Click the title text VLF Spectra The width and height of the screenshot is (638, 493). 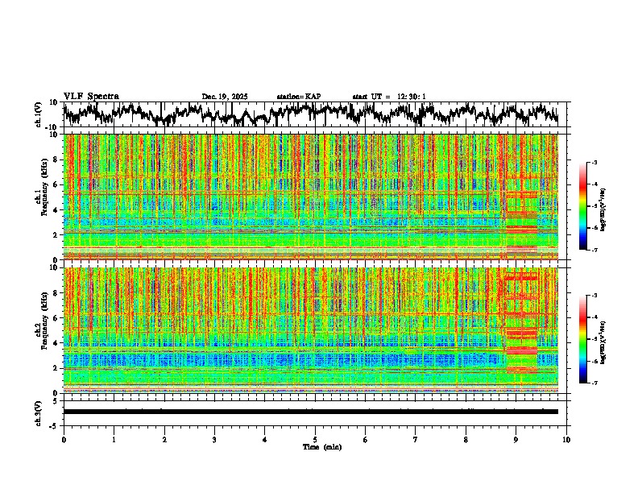pyautogui.click(x=91, y=96)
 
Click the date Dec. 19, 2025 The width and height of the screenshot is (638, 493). pyautogui.click(x=225, y=97)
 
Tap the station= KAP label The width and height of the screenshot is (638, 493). pyautogui.click(x=299, y=97)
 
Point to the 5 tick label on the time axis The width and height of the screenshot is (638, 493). pyautogui.click(x=315, y=440)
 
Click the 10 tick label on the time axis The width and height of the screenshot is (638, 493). pyautogui.click(x=566, y=440)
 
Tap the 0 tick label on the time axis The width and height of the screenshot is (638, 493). pyautogui.click(x=64, y=440)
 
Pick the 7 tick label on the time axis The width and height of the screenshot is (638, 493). pyautogui.click(x=416, y=440)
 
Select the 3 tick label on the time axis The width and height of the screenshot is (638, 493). pyautogui.click(x=214, y=440)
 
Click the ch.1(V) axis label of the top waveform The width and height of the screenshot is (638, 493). pyautogui.click(x=39, y=114)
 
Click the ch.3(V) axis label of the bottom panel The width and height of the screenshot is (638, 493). pyautogui.click(x=39, y=411)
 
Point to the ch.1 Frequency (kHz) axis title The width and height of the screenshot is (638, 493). pyautogui.click(x=39, y=197)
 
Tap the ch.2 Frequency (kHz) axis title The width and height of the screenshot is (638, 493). pyautogui.click(x=39, y=330)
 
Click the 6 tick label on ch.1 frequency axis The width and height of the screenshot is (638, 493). pyautogui.click(x=56, y=184)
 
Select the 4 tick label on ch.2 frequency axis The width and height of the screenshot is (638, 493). pyautogui.click(x=56, y=342)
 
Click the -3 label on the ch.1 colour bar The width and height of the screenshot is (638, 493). pyautogui.click(x=603, y=163)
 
